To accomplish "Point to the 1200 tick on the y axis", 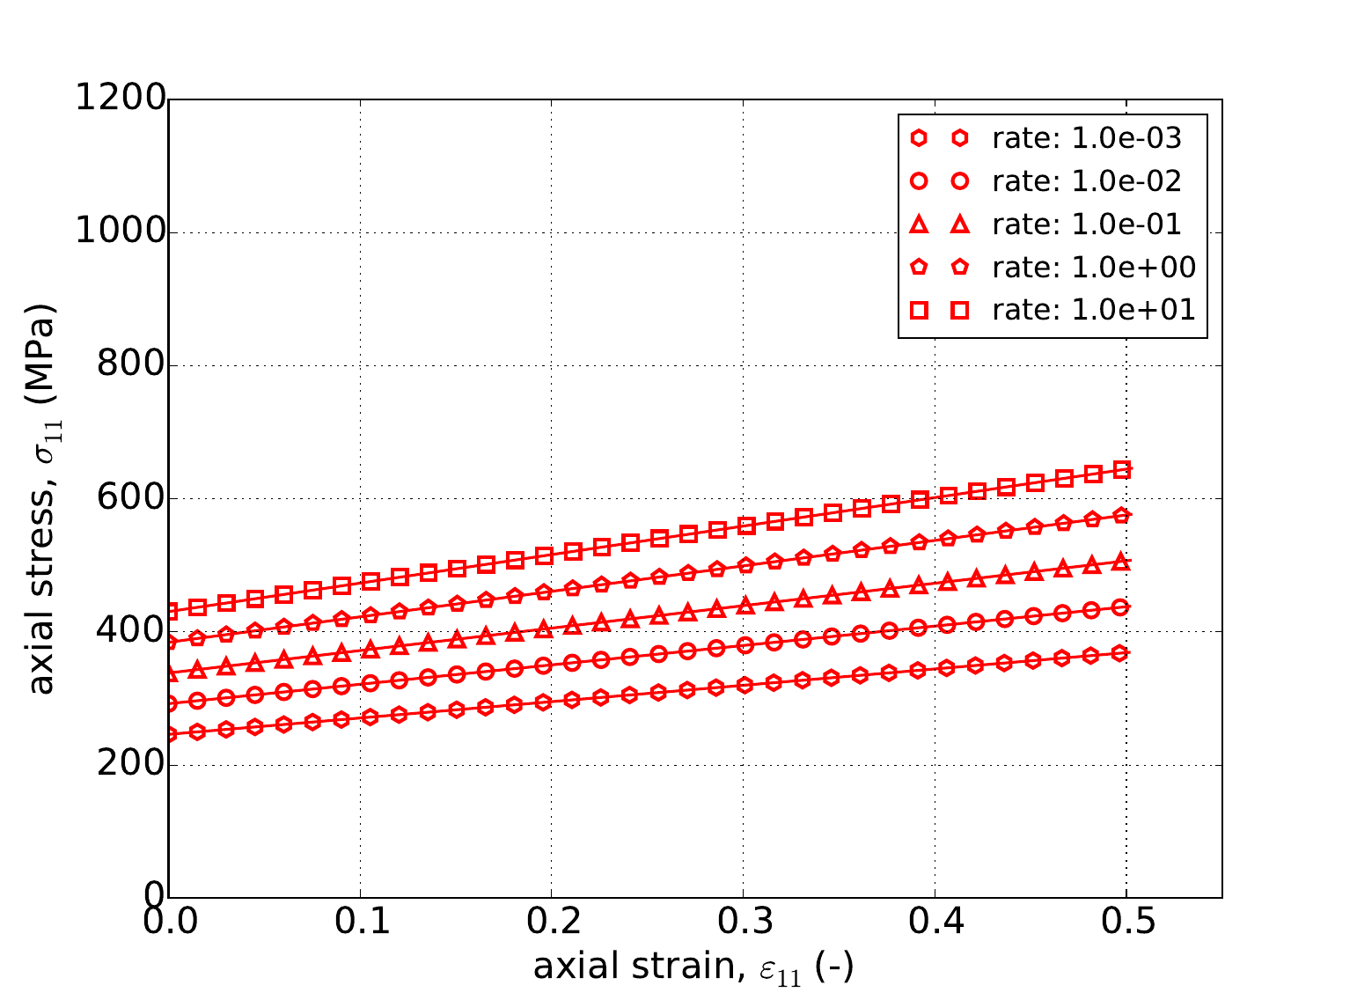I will pyautogui.click(x=121, y=99).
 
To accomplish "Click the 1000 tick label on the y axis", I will pyautogui.click(x=121, y=232).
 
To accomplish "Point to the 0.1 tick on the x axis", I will pyautogui.click(x=360, y=923).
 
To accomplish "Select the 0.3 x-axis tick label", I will pyautogui.click(x=743, y=923).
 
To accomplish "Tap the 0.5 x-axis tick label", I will pyautogui.click(x=1126, y=923).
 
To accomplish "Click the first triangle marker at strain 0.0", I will pyautogui.click(x=170, y=673).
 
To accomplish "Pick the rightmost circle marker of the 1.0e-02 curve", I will pyautogui.click(x=1120, y=607).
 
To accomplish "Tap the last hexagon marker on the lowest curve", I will pyautogui.click(x=1119, y=653).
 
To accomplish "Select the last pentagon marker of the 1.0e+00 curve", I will pyautogui.click(x=1121, y=516).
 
